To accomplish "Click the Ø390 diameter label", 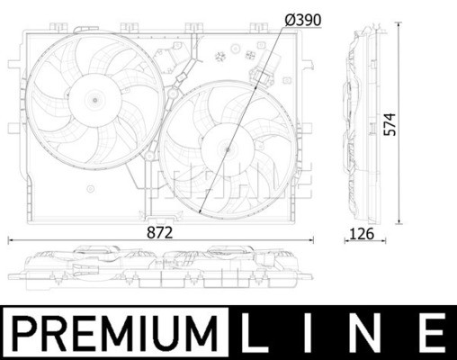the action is tap(303, 20).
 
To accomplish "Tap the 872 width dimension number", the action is tap(160, 232).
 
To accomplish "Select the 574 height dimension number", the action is tap(390, 124).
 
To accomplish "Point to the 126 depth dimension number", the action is tap(362, 234).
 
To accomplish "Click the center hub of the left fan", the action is tap(95, 100).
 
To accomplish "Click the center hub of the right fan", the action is tap(228, 149).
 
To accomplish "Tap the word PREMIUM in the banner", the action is tap(115, 333).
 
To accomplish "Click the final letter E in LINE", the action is tap(434, 333).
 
